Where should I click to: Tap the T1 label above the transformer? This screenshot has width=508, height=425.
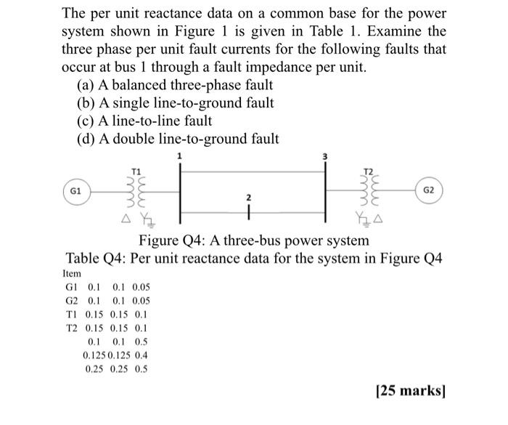pyautogui.click(x=136, y=170)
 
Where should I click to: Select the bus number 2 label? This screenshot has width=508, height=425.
pyautogui.click(x=248, y=198)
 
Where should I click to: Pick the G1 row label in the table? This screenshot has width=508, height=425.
pyautogui.click(x=72, y=287)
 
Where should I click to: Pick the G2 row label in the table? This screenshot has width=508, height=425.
pyautogui.click(x=72, y=300)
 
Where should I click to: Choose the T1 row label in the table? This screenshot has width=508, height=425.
pyautogui.click(x=71, y=314)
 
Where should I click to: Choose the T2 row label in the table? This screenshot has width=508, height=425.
pyautogui.click(x=71, y=328)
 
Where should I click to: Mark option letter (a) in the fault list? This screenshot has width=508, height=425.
pyautogui.click(x=85, y=84)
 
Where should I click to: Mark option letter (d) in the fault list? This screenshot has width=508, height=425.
pyautogui.click(x=86, y=139)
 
